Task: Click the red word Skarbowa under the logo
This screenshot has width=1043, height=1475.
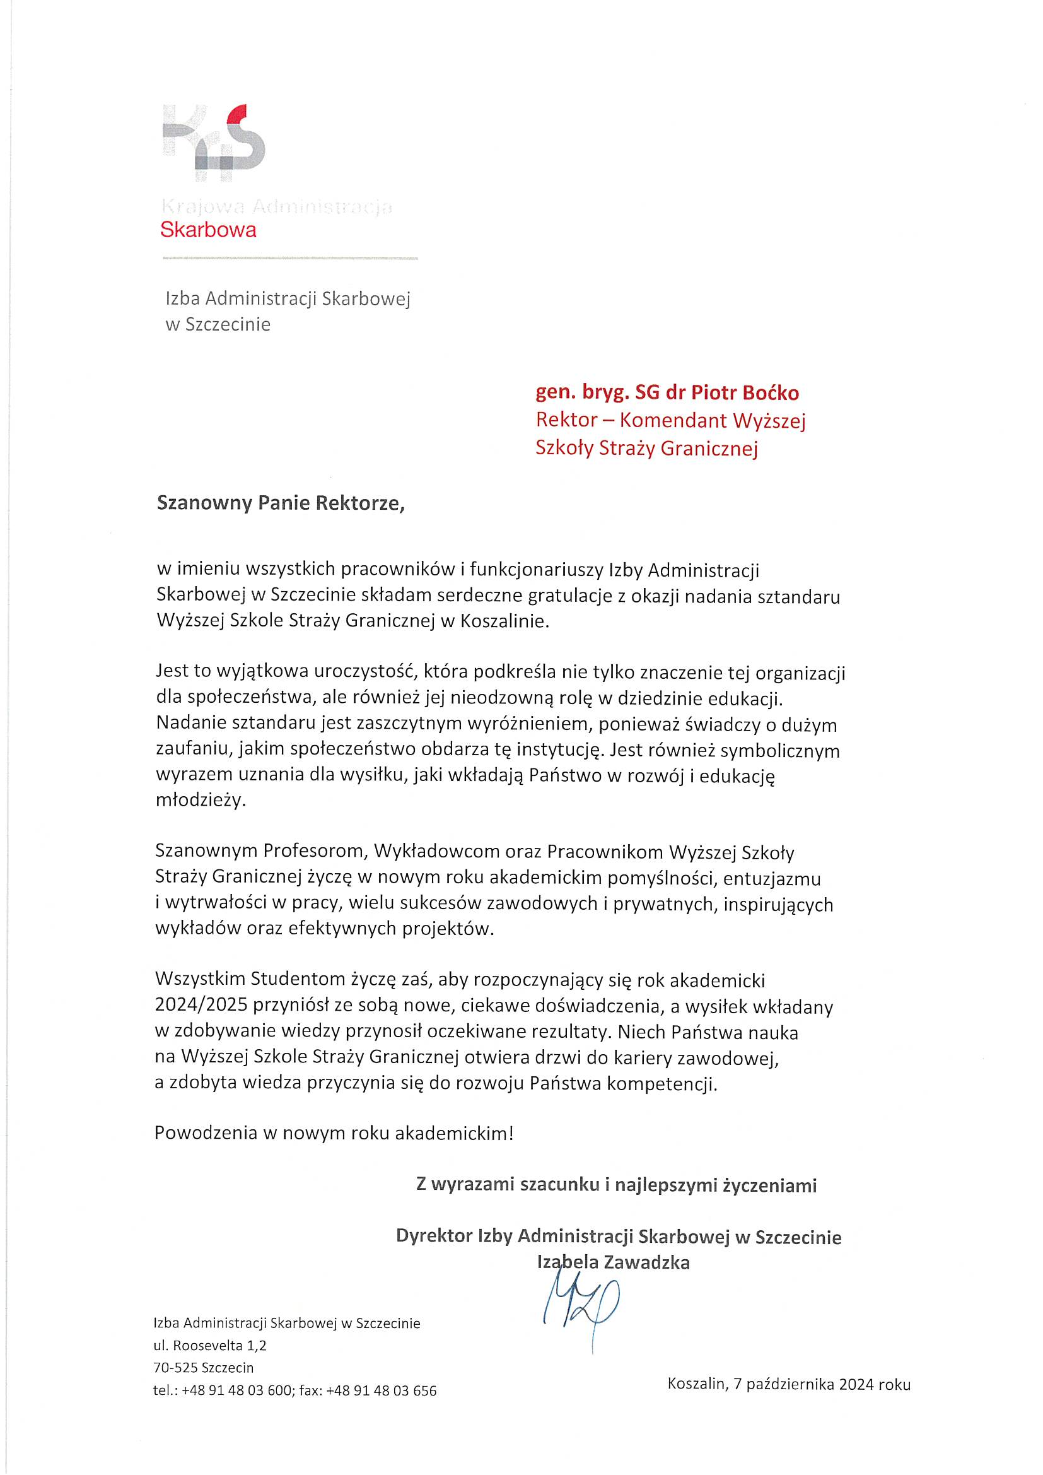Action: [208, 230]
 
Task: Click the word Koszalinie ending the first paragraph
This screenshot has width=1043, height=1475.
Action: [505, 622]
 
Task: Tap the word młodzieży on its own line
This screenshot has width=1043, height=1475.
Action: [201, 801]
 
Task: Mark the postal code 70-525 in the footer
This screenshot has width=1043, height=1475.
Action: [174, 1367]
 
